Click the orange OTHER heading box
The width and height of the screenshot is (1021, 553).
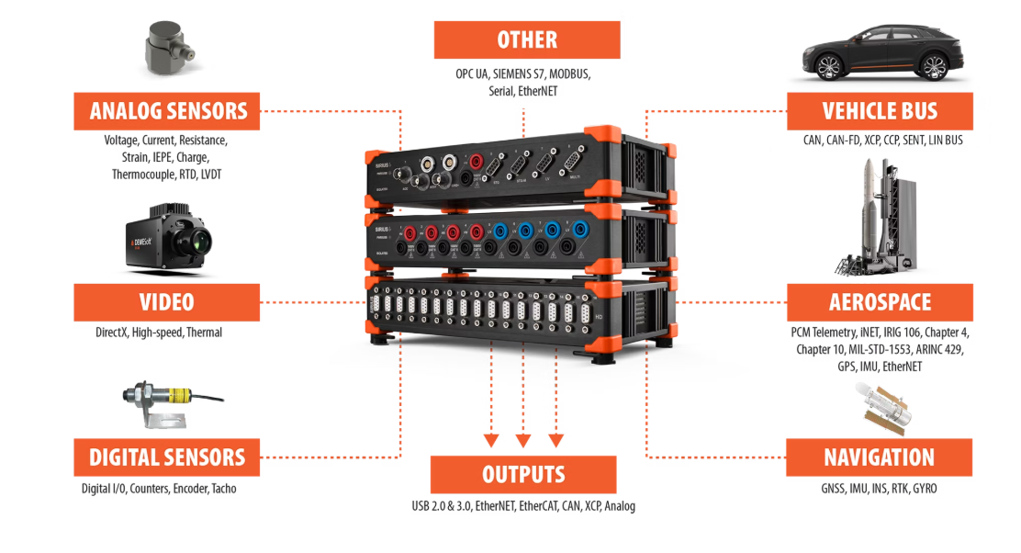point(527,39)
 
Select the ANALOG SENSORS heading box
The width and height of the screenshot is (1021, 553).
point(169,111)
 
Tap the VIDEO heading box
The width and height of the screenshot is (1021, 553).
point(167,302)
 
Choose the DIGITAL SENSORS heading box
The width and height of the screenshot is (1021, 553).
point(167,457)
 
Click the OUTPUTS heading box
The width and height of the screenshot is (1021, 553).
point(523,474)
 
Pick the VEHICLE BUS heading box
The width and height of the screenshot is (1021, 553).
point(880,111)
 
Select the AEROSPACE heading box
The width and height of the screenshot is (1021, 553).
point(880,302)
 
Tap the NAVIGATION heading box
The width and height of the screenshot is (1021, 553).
point(879,457)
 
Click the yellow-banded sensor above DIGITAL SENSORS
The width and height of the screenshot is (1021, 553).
point(165,398)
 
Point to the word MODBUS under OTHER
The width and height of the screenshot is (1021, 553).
point(569,73)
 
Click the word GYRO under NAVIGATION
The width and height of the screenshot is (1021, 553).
point(925,489)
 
